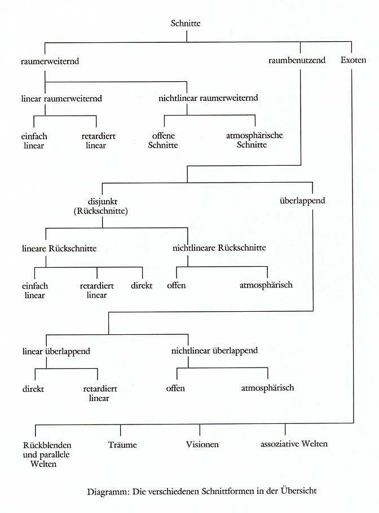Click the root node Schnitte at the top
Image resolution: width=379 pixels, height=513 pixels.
[x=186, y=23]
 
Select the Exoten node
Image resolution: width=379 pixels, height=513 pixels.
[x=354, y=60]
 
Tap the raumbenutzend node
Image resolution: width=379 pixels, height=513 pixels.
[x=297, y=60]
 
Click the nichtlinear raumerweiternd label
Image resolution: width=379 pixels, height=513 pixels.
[x=208, y=98]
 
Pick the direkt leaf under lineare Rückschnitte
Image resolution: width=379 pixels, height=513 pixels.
[x=142, y=285]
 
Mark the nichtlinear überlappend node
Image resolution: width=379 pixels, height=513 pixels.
[x=214, y=351]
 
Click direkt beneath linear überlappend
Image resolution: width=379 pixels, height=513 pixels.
[x=34, y=388]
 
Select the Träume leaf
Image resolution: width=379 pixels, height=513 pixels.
[x=122, y=444]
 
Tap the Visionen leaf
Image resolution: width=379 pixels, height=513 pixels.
[x=202, y=444]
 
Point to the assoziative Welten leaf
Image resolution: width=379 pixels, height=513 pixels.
[x=294, y=444]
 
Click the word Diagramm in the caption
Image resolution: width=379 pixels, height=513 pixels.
[x=108, y=491]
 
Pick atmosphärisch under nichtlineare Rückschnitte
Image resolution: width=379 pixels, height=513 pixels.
[x=267, y=285]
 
